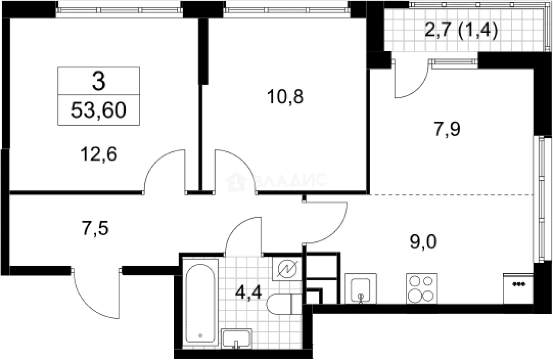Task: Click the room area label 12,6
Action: pyautogui.click(x=98, y=154)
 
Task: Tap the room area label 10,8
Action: pyautogui.click(x=285, y=97)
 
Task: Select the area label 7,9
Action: pyautogui.click(x=447, y=129)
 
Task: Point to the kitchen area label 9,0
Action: pyautogui.click(x=423, y=242)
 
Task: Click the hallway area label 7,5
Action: pyautogui.click(x=95, y=229)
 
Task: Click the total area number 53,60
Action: pyautogui.click(x=98, y=110)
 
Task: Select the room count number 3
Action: pyautogui.click(x=99, y=81)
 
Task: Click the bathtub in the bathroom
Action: pyautogui.click(x=200, y=303)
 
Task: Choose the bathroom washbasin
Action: pyautogui.click(x=236, y=339)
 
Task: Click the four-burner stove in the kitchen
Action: pyautogui.click(x=422, y=289)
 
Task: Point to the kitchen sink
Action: pyautogui.click(x=361, y=289)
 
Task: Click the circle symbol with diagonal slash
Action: pyautogui.click(x=287, y=269)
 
